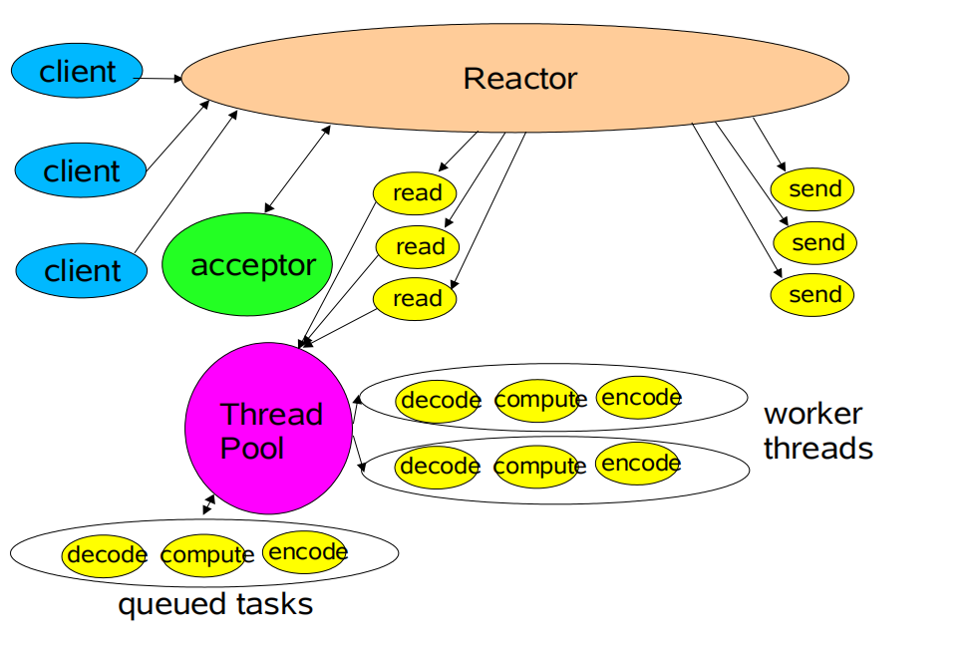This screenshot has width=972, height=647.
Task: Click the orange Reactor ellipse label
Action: pos(519,79)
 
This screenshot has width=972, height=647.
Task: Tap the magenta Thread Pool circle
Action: pos(270,430)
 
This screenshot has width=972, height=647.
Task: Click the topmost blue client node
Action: pos(77,72)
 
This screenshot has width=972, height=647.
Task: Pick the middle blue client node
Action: pos(81,170)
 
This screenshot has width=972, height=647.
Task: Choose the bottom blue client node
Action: pos(82,270)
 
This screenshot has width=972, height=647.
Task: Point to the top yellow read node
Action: pos(415,192)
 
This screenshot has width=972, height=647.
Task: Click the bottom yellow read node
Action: pos(415,298)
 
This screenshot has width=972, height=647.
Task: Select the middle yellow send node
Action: pos(814,242)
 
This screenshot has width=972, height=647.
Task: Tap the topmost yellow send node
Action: pos(812,189)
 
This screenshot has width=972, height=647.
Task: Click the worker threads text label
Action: pos(817,431)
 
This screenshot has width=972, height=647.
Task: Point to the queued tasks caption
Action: pos(215,604)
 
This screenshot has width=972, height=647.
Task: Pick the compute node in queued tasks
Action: pos(206,555)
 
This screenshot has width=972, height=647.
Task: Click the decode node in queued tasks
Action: pos(106,555)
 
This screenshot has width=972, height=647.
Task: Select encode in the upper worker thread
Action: pos(640,398)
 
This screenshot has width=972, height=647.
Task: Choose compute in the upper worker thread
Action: pos(538,401)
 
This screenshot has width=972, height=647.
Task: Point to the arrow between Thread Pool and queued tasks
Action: pos(208,504)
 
